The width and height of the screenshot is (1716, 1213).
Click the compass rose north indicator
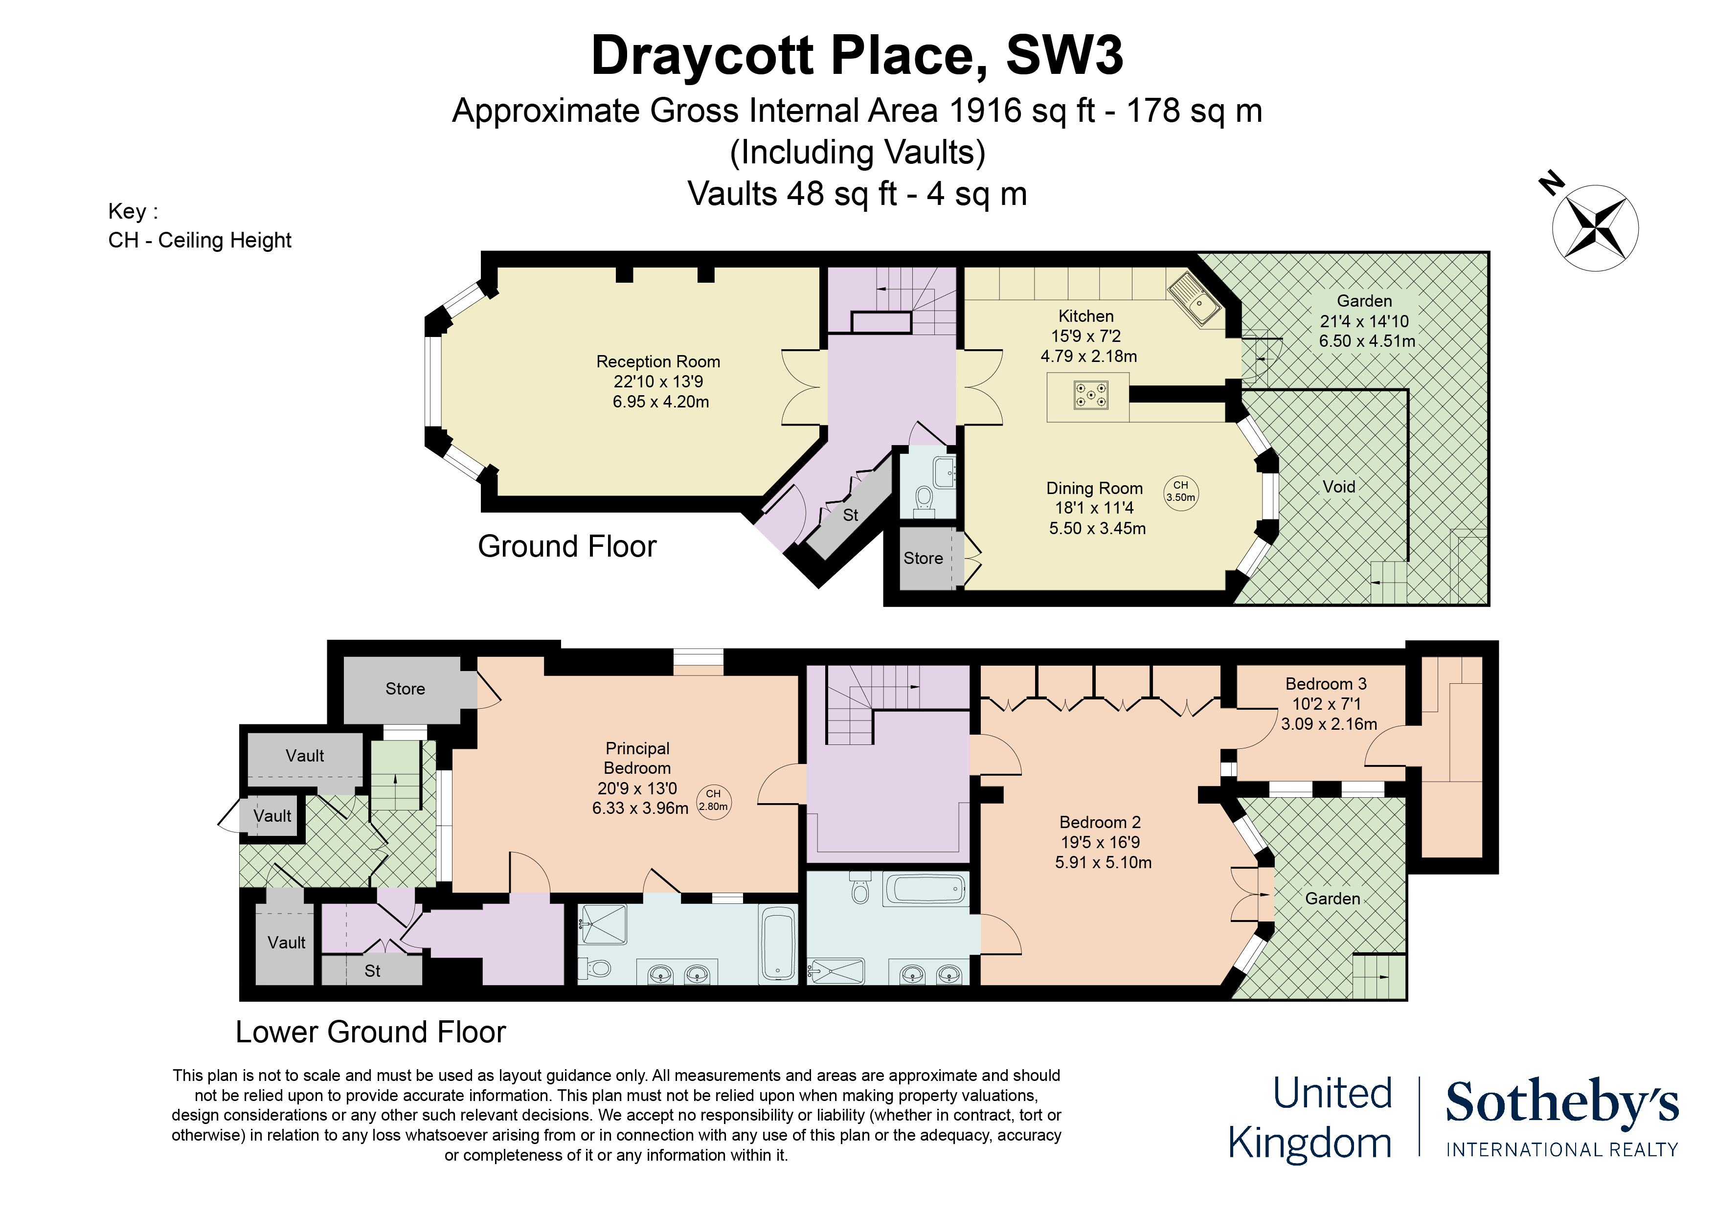[1552, 183]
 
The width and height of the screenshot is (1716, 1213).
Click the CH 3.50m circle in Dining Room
[1181, 492]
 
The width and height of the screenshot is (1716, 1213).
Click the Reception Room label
[658, 362]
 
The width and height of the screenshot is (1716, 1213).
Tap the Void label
[1338, 487]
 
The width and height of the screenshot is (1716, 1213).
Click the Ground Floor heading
[566, 546]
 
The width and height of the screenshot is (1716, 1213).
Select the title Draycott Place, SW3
[857, 56]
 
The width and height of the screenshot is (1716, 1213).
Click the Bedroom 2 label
[1100, 822]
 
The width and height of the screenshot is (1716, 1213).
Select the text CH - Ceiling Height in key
[200, 241]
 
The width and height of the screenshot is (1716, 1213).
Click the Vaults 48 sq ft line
[857, 194]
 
